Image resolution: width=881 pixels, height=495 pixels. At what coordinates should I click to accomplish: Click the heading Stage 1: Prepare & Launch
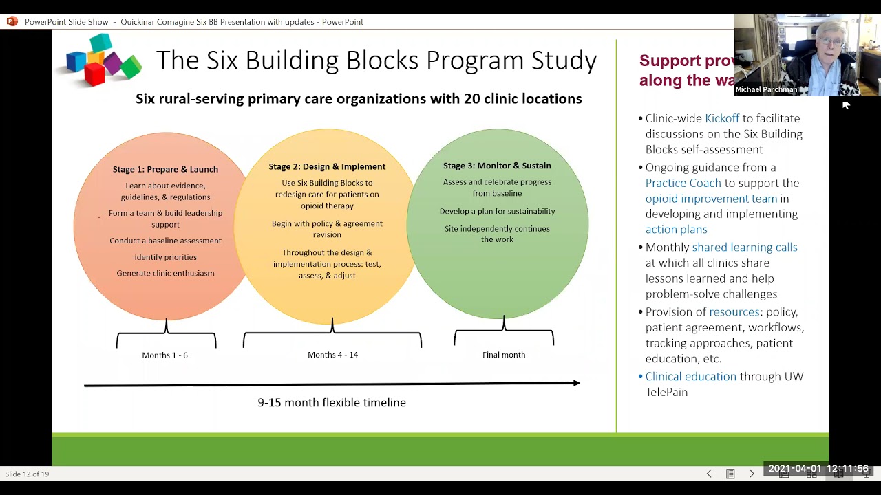pyautogui.click(x=165, y=169)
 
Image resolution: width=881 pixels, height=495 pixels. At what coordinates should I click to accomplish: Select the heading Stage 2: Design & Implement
pyautogui.click(x=327, y=166)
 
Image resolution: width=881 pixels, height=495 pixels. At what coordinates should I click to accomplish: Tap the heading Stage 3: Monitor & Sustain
pyautogui.click(x=497, y=166)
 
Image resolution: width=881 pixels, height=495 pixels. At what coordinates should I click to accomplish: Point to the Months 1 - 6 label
pyautogui.click(x=164, y=355)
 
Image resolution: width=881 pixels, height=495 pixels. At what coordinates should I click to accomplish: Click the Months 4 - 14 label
pyautogui.click(x=332, y=355)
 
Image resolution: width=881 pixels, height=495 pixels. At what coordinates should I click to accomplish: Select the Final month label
pyautogui.click(x=504, y=355)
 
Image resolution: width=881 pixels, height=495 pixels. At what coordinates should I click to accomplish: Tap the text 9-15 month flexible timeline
pyautogui.click(x=332, y=403)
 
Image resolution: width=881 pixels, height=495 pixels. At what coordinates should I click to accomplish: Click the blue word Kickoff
pyautogui.click(x=722, y=118)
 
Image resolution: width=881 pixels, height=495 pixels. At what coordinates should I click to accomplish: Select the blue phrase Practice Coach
pyautogui.click(x=683, y=183)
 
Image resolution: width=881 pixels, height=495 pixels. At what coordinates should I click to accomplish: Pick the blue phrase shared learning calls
pyautogui.click(x=745, y=247)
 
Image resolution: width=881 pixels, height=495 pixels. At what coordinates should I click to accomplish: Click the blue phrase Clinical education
pyautogui.click(x=691, y=376)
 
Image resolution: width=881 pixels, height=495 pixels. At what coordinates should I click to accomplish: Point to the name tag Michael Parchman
pyautogui.click(x=766, y=89)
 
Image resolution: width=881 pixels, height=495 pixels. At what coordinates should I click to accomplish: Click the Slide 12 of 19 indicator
pyautogui.click(x=27, y=474)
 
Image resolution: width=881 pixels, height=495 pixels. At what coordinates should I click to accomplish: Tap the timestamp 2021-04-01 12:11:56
pyautogui.click(x=818, y=469)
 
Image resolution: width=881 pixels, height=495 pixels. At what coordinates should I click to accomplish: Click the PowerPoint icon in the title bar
pyautogui.click(x=12, y=21)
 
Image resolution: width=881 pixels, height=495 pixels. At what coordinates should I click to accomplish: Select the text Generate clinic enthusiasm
pyautogui.click(x=165, y=273)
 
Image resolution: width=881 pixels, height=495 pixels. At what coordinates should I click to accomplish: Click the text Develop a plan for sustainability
pyautogui.click(x=497, y=211)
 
